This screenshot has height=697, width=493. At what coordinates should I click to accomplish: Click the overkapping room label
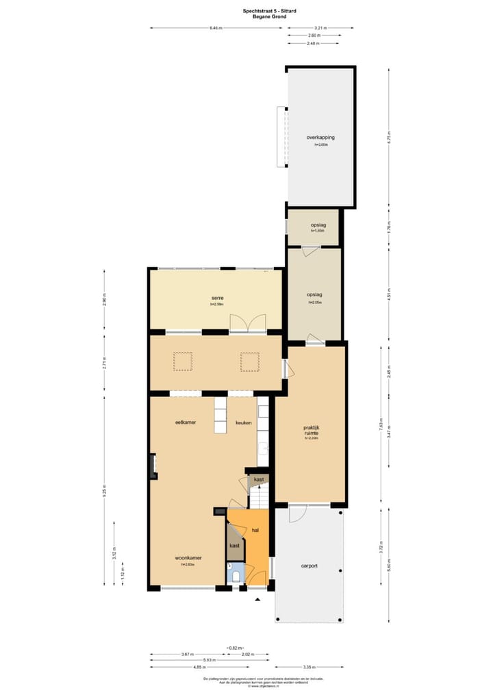pos(320,138)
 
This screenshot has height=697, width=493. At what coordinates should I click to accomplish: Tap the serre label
pos(218,298)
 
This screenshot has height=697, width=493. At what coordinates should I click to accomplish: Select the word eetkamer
pos(185,422)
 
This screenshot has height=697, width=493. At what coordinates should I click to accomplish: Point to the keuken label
pos(244,422)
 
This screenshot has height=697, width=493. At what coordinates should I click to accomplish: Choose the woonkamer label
pos(188,557)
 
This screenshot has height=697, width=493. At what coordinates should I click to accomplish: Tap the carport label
pos(309,566)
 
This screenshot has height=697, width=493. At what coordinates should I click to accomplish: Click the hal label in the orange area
pos(255,530)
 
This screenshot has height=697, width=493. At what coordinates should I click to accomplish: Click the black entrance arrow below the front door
pos(257,600)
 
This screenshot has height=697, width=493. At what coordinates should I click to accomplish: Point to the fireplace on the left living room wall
pos(151,466)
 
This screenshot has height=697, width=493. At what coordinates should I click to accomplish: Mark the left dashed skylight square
pos(183,361)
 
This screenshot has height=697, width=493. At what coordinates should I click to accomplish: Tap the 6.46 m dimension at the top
pos(216,28)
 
